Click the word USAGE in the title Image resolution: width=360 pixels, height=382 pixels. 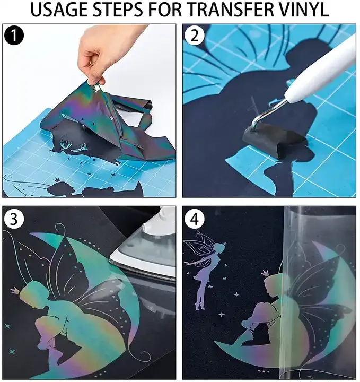tap(59, 10)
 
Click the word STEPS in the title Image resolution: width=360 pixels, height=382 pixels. tap(119, 10)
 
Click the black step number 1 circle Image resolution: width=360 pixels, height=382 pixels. tap(14, 36)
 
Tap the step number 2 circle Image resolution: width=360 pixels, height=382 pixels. tap(194, 36)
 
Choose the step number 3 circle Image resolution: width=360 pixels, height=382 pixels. tap(14, 219)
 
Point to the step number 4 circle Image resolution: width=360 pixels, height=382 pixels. tap(194, 219)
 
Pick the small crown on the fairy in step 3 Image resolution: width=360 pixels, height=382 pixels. tap(15, 290)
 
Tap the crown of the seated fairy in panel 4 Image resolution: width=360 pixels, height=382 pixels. tap(265, 272)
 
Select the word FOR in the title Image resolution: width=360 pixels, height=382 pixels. tap(165, 10)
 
